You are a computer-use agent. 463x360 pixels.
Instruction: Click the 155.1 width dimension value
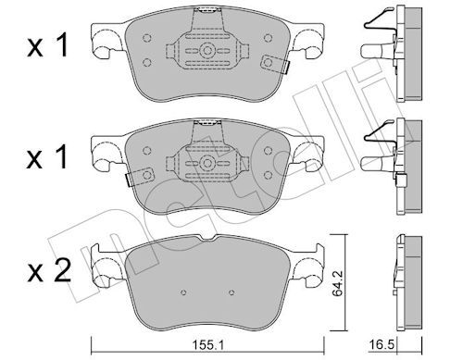(208, 345)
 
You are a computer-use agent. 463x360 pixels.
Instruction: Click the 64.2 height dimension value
(338, 283)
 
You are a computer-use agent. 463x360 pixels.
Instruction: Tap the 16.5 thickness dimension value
(382, 345)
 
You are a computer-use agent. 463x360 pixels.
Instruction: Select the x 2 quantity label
(49, 271)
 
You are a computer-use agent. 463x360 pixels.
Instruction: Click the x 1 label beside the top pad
(47, 46)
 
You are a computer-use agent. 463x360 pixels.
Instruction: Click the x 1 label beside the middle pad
(47, 157)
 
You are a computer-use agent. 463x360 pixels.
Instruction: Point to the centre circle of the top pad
(207, 51)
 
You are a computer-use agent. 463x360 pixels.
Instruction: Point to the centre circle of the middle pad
(207, 163)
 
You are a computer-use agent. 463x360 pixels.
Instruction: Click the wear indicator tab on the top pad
(275, 64)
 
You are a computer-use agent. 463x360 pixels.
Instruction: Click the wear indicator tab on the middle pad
(140, 177)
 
